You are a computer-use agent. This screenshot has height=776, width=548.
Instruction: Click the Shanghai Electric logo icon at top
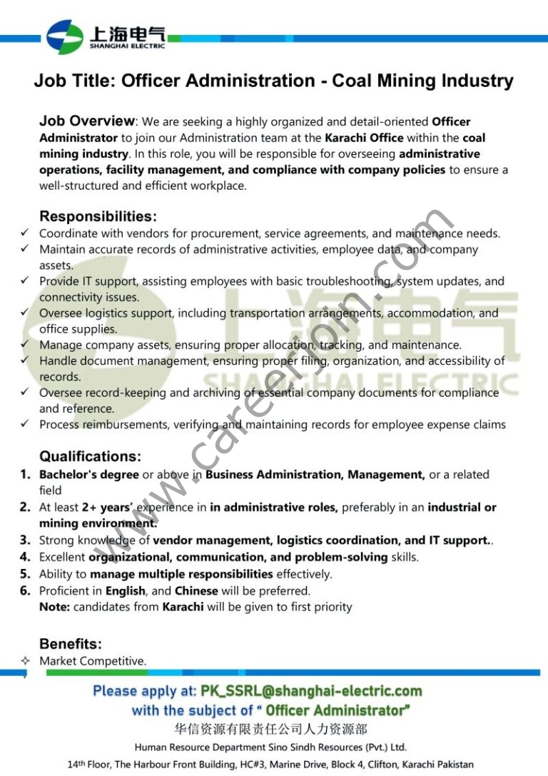65,36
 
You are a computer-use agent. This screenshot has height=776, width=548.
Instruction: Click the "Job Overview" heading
87,121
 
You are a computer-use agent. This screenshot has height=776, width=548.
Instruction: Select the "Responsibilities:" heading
98,216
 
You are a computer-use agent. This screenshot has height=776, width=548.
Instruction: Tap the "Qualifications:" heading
90,456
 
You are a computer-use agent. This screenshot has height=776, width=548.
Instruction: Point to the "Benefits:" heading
71,644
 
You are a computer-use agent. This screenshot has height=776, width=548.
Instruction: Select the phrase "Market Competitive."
93,661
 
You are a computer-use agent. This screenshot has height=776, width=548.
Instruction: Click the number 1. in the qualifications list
25,474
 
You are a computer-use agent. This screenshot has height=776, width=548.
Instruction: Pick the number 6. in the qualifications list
25,590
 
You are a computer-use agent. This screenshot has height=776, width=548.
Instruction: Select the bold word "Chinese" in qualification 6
196,590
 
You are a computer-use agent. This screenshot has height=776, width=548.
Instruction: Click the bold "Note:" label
54,607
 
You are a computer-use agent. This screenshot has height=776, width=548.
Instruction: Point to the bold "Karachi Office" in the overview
364,138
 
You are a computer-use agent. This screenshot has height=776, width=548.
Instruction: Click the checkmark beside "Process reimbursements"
25,424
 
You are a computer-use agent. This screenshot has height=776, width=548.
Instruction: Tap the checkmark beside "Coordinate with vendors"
25,233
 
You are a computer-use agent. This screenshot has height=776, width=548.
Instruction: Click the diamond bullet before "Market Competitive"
25,661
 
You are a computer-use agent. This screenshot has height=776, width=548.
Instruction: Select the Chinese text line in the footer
270,729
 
